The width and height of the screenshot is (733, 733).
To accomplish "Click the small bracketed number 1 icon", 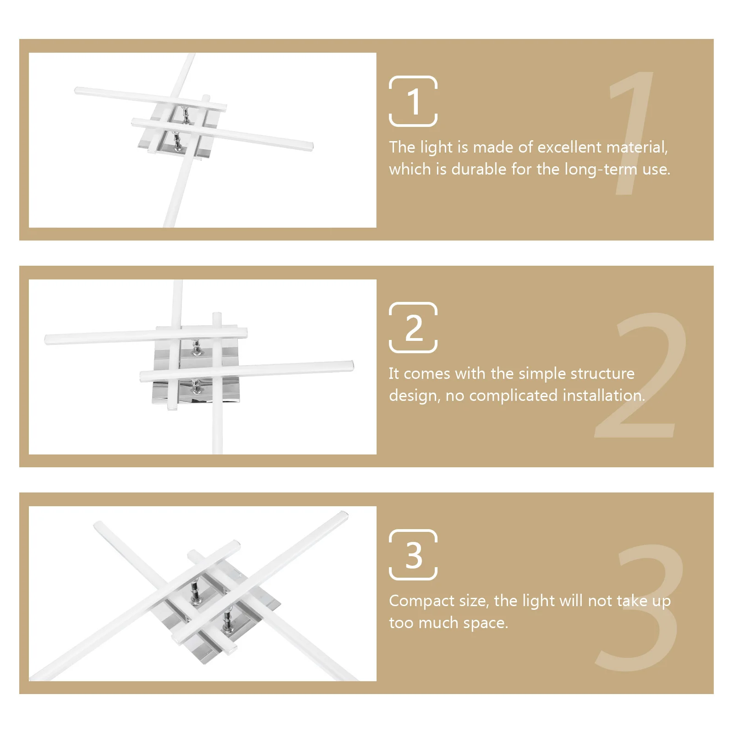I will click(x=413, y=101).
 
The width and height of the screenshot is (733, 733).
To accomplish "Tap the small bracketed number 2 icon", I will click(x=413, y=328).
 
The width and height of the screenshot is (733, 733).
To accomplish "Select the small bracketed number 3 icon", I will click(x=413, y=555).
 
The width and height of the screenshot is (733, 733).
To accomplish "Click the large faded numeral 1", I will click(x=632, y=133).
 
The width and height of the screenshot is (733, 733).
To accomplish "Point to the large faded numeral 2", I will click(x=641, y=376).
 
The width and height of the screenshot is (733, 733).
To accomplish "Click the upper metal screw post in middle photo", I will click(x=197, y=347).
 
